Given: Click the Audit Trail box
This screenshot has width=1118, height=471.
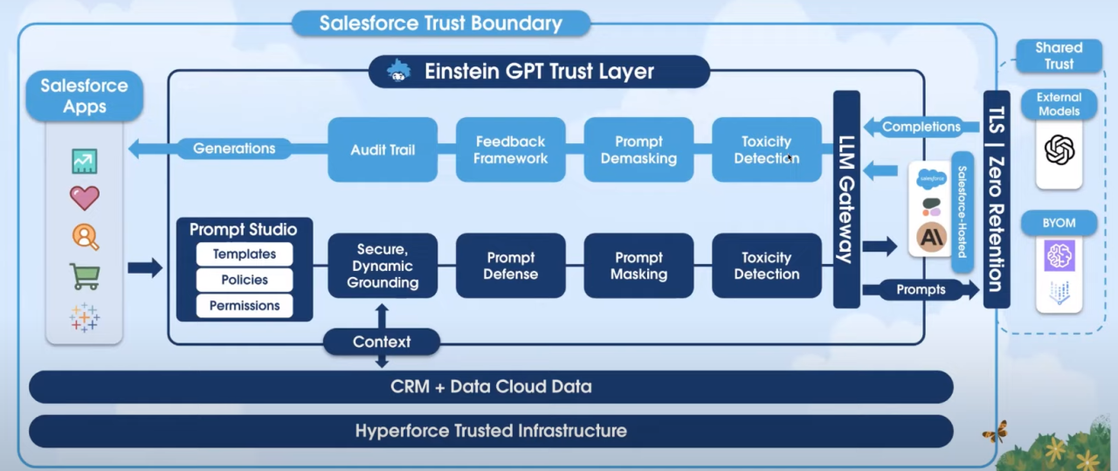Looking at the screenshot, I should coord(383,149).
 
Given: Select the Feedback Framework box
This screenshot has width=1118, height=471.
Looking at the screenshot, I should coord(511,149).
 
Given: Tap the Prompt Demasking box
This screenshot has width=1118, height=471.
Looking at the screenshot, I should coord(638,149).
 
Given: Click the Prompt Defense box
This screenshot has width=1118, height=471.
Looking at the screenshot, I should coord(511,266).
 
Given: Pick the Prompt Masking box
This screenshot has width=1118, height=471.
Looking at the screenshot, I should coord(638,266).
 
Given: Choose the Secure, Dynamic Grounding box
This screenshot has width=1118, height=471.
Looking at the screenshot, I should coord(383,266).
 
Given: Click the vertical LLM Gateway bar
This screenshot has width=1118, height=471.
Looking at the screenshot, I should coord(846,199).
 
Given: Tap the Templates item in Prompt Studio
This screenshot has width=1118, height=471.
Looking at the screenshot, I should coord(245,254).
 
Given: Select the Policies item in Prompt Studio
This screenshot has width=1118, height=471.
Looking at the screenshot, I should coord(245,280).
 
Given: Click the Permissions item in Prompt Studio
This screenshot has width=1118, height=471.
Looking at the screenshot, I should coord(245,306).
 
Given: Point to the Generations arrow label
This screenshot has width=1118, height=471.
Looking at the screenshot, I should coord(234,149).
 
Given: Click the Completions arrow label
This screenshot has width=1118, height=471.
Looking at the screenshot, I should coord(921,127).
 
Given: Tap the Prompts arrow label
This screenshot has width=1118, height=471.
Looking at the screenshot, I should coord(921,289).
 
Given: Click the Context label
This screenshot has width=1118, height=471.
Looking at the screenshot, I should coord(382,342).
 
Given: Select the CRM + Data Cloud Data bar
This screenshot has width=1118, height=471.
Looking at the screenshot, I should coord(491,386).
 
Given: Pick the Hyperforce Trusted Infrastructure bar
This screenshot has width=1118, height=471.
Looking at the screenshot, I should coord(491,431).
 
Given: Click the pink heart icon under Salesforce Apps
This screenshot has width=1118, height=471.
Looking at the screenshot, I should coord(85,198).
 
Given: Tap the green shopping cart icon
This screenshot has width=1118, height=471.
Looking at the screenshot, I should coord(85,277).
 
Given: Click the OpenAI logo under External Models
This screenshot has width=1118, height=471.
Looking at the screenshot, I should coord(1059,150).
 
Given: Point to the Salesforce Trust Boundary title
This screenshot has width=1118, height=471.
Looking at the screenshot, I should coord(441,23).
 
